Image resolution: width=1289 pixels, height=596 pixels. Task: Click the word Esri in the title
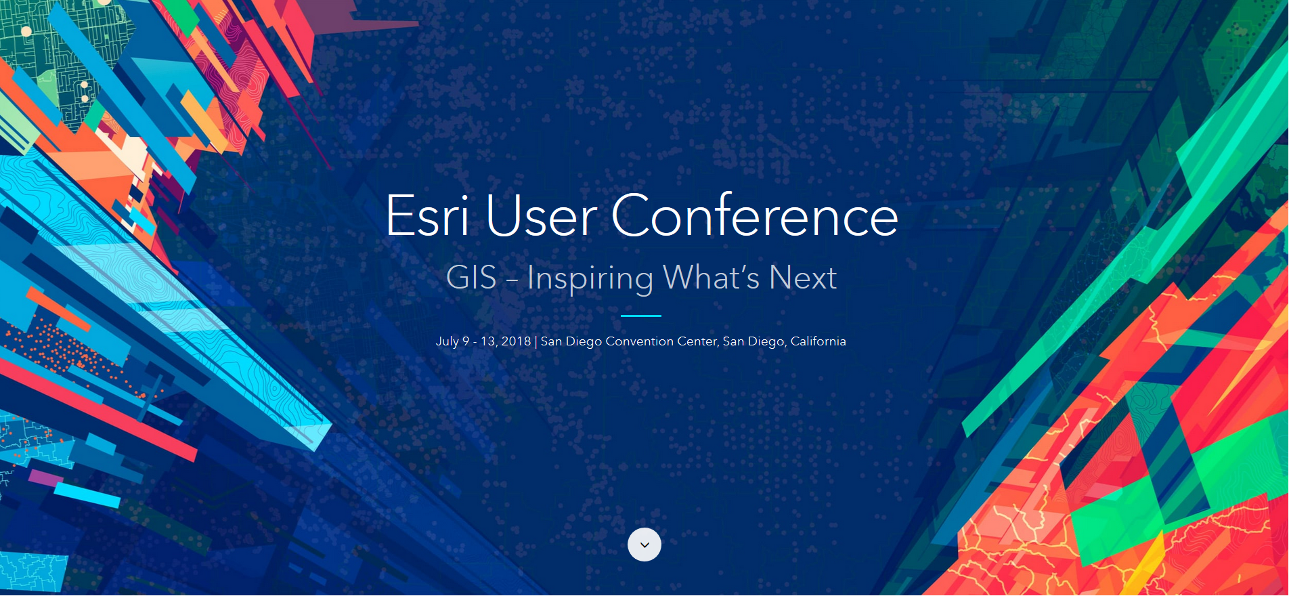[427, 216]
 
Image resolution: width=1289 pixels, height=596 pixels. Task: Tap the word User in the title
[541, 217]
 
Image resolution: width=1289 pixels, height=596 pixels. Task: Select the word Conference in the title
[755, 216]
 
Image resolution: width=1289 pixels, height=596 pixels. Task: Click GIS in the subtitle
[471, 278]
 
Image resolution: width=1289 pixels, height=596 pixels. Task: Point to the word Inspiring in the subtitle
[590, 279]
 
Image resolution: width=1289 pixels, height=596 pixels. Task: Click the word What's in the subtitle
[711, 278]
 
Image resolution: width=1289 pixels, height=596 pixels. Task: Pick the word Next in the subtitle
[803, 278]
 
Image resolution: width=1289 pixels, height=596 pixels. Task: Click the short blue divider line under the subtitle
[640, 316]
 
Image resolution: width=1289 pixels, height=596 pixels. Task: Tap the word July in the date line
[447, 341]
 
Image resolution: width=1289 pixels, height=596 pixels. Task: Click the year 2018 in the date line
[516, 341]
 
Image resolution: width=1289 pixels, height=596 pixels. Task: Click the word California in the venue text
[818, 341]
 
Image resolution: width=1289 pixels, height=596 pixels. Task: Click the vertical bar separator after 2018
[536, 341]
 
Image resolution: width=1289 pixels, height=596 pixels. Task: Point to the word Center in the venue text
[697, 341]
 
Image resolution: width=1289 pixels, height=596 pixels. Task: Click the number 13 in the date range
[488, 341]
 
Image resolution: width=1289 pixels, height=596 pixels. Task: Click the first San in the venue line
[551, 341]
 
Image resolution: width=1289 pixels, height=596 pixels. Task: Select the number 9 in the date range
[466, 341]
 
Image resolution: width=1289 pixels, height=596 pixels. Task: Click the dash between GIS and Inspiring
[512, 279]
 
